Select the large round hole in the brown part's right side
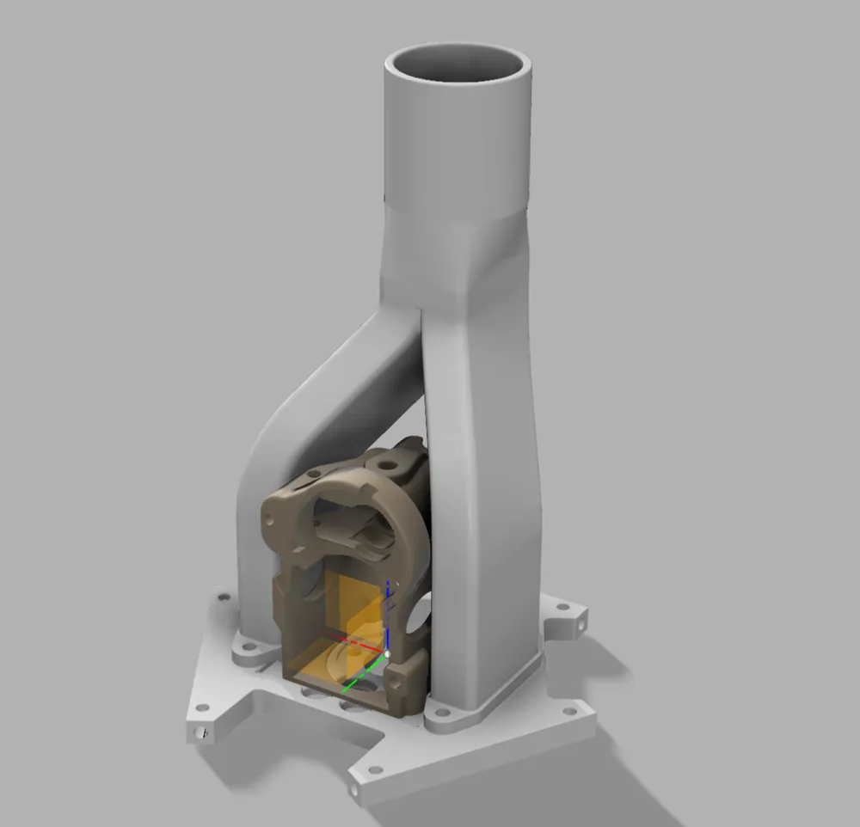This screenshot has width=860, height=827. (420, 612)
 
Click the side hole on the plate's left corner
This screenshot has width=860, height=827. (202, 733)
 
